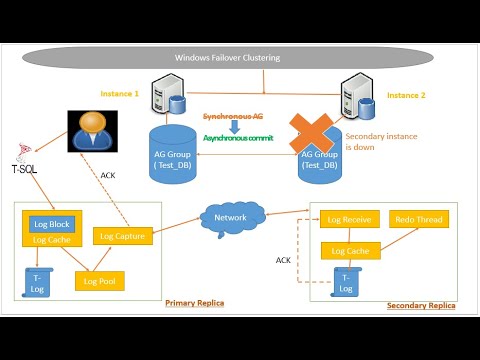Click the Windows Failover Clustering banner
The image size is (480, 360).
[239, 58]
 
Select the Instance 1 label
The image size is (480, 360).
[120, 92]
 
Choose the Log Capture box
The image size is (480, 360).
[122, 235]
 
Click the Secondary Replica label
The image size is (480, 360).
[420, 305]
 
